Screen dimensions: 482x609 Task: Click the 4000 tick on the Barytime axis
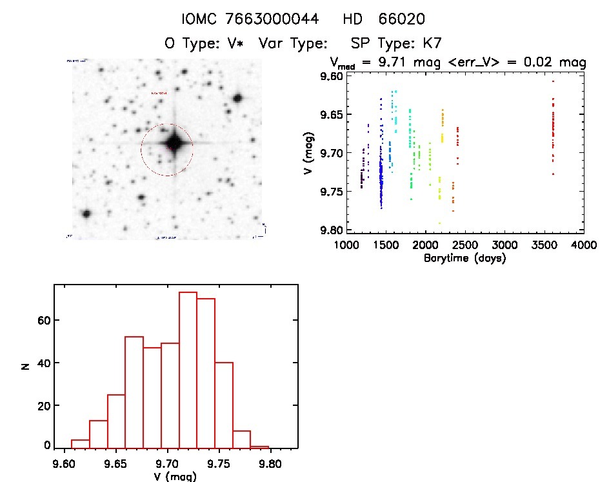tap(583, 246)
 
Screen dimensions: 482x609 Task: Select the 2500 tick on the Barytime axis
tap(464, 246)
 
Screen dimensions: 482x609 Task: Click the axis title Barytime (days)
tap(465, 258)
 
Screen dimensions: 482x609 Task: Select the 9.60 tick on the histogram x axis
tap(63, 463)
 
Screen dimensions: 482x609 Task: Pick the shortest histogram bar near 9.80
tap(259, 447)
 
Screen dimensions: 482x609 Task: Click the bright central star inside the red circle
tap(174, 143)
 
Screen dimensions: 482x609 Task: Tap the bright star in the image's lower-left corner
tap(85, 214)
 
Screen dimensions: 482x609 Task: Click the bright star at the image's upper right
tap(237, 98)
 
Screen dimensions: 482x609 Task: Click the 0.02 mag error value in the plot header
tap(541, 63)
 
